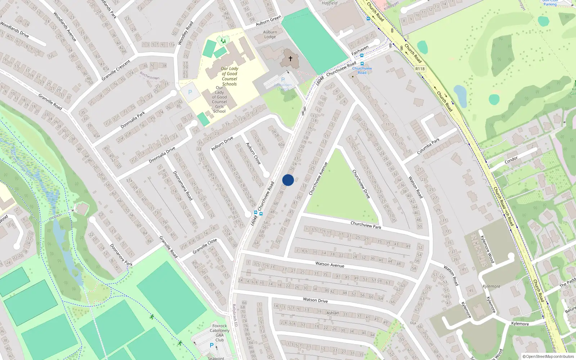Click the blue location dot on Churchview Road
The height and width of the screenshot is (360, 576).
[288, 180]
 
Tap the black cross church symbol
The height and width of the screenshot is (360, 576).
[291, 58]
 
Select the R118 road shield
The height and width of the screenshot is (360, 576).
[420, 69]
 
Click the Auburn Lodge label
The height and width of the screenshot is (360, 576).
[270, 34]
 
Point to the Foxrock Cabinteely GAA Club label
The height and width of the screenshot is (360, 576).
[220, 333]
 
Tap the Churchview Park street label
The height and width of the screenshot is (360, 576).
[366, 225]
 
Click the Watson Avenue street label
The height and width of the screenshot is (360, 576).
[330, 265]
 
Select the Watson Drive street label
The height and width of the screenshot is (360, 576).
[315, 300]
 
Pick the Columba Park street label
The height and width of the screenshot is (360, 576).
[428, 147]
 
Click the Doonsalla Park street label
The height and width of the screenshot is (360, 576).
[133, 120]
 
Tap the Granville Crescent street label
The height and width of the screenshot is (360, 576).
[116, 71]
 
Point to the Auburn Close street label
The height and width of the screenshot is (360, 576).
[253, 154]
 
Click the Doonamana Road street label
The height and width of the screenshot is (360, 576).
[183, 186]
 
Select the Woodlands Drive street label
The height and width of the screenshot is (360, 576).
[14, 30]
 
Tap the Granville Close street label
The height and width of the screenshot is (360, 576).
[204, 246]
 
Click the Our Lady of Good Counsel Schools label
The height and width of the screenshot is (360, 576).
[229, 76]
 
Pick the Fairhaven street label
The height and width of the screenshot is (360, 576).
[360, 50]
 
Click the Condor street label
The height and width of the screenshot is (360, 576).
[511, 159]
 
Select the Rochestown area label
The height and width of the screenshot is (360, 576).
[149, 76]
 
